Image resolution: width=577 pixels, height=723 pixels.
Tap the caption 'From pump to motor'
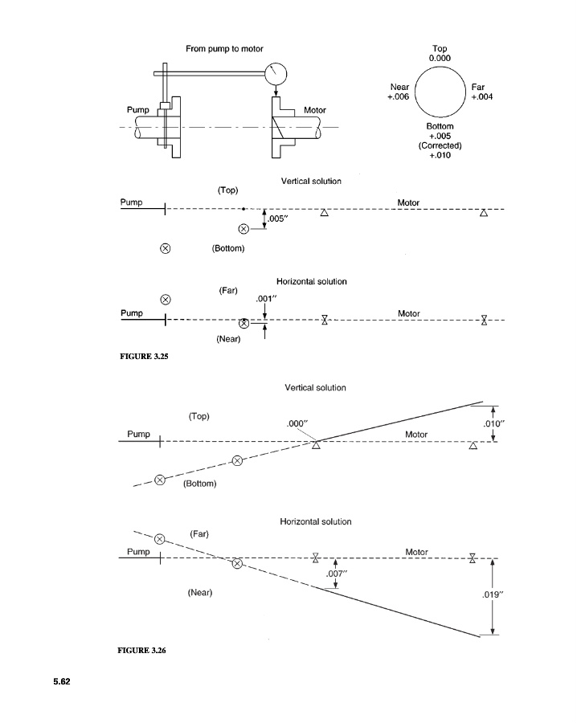(224, 49)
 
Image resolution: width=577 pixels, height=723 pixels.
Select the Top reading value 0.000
(440, 58)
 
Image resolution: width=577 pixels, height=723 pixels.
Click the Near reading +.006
(398, 97)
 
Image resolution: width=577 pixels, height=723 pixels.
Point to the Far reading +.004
(482, 97)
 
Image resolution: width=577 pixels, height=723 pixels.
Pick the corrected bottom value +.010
(440, 155)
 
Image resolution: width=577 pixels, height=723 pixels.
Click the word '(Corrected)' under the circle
(440, 145)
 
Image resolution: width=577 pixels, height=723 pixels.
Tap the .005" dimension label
(278, 219)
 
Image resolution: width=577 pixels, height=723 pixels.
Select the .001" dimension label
(266, 299)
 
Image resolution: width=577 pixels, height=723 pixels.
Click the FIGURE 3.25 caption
(144, 357)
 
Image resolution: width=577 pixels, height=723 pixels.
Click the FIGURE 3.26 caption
(141, 651)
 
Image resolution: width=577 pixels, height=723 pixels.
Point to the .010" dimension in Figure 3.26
(494, 424)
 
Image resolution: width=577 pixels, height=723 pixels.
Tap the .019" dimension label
(493, 594)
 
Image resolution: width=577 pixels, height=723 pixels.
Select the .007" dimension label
(336, 574)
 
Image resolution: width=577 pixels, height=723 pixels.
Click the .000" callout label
(297, 423)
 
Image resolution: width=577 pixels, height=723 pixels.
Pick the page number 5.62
(62, 681)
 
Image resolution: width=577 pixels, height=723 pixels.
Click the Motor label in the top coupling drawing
(314, 110)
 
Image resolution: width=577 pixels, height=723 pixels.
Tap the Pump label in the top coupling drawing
(138, 110)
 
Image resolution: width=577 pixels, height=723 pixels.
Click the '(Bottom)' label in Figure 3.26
(200, 484)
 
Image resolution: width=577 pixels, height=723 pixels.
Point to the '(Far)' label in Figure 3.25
(228, 291)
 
